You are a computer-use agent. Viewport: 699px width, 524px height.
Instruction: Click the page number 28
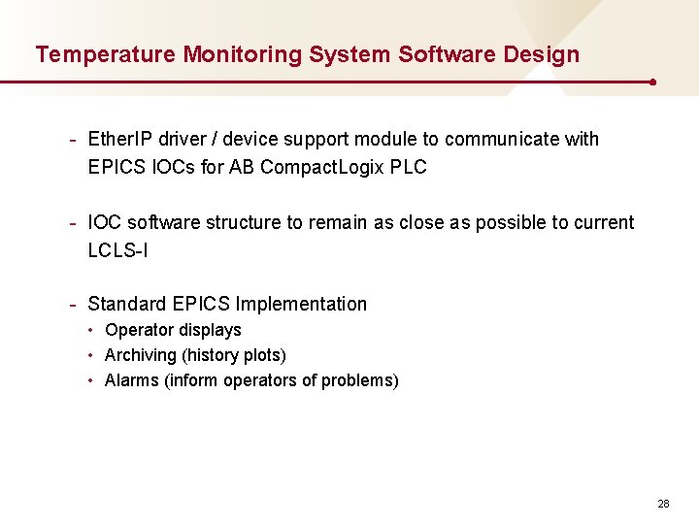(x=664, y=504)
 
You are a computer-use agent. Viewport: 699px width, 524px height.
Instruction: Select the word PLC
(x=408, y=167)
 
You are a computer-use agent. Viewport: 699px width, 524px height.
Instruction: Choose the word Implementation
(x=301, y=304)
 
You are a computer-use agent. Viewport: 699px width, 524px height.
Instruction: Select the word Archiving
(x=141, y=355)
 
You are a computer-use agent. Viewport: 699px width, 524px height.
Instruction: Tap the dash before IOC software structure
(x=73, y=222)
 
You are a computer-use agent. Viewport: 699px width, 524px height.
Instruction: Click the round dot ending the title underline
(x=652, y=82)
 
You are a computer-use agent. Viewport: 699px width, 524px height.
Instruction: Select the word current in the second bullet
(x=603, y=222)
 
